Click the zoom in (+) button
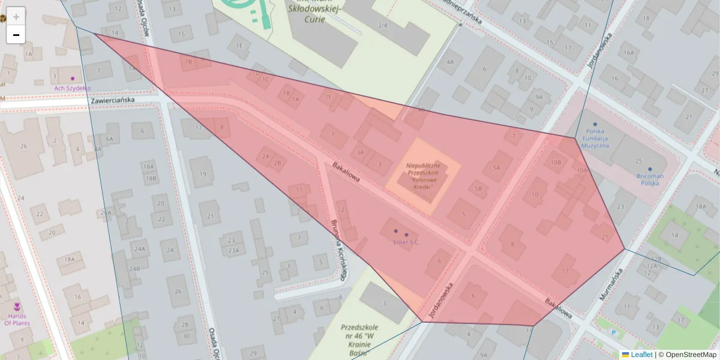16,16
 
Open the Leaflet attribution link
641,355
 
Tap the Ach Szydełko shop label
73,88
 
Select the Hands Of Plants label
17,319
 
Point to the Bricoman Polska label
650,179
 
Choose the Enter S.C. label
406,242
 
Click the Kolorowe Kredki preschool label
423,175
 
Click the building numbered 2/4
383,25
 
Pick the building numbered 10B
556,162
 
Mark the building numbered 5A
496,168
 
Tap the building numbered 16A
628,53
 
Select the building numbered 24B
134,268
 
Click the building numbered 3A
360,152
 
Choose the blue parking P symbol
613,332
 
